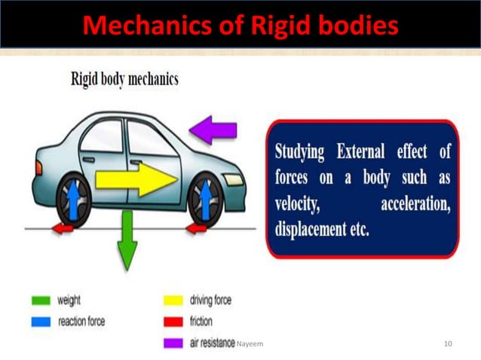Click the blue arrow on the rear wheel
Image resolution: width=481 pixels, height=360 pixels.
pos(73,202)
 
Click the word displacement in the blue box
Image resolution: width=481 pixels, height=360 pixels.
pos(312,229)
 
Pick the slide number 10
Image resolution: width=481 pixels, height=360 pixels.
pos(449,344)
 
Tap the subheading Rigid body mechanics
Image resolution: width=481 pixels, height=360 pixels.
pos(124,78)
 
